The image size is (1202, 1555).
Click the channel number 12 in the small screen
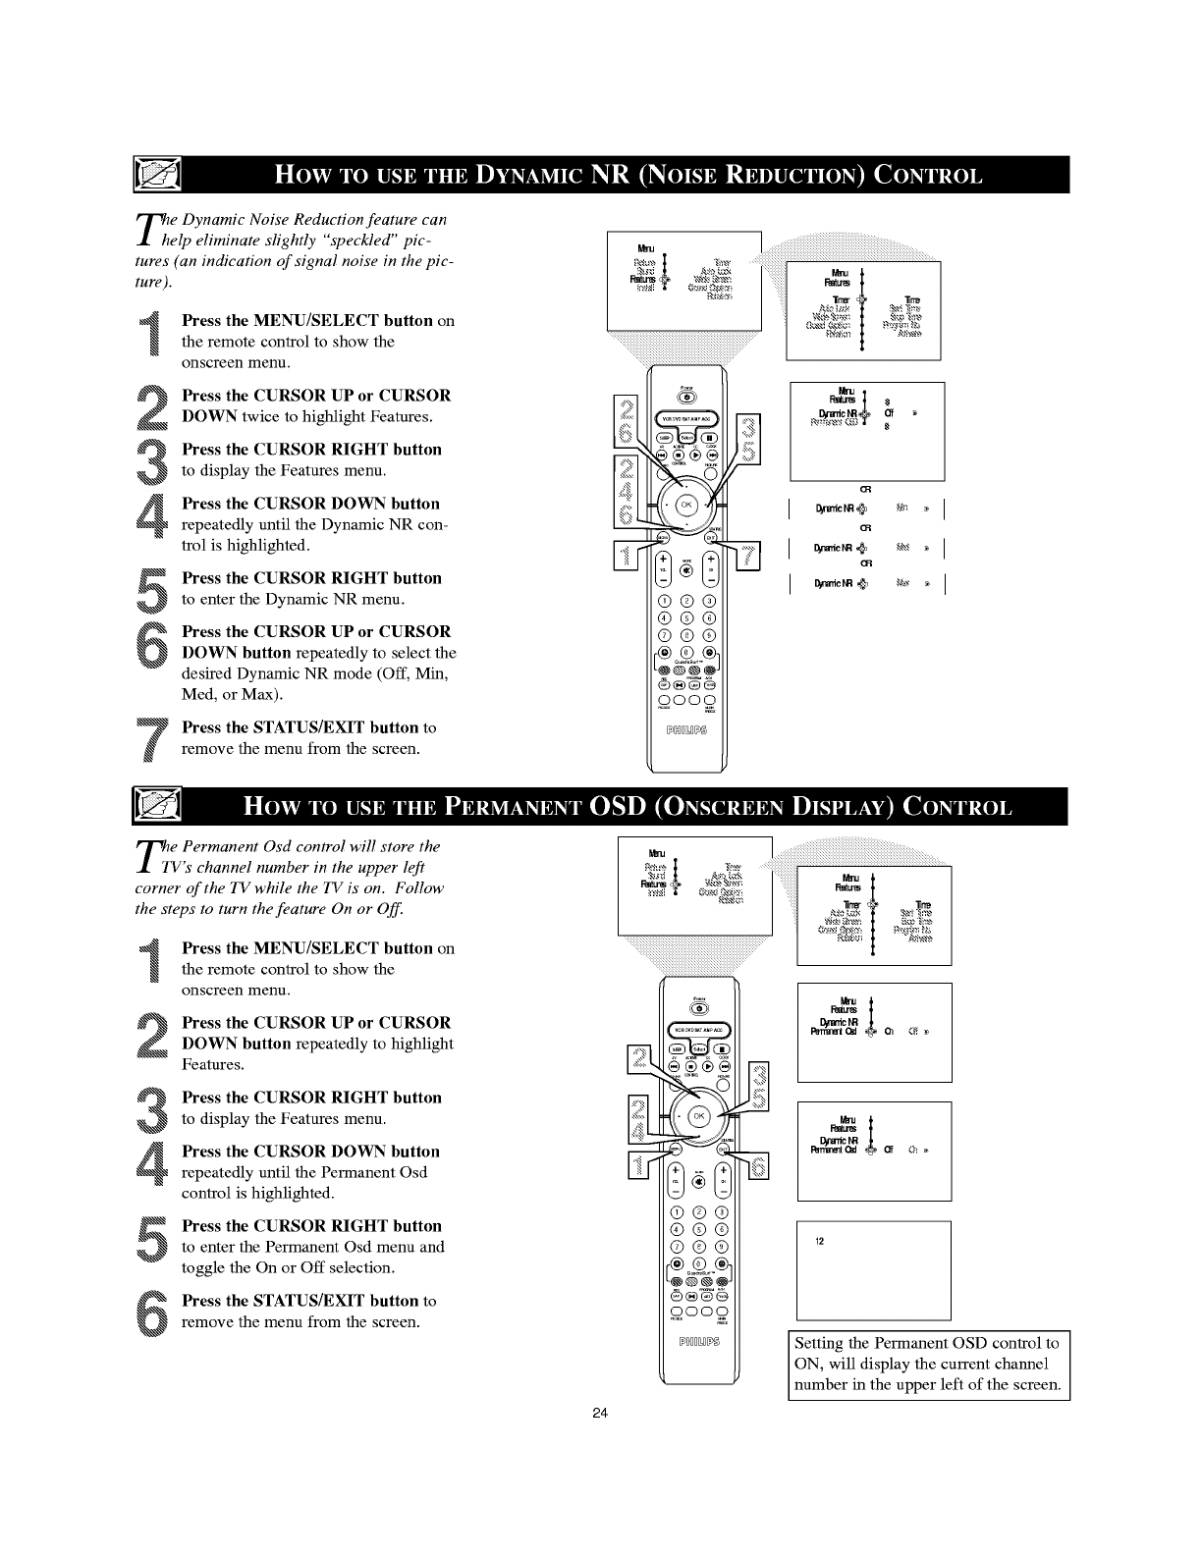[x=819, y=1242]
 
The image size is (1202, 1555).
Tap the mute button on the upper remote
[x=686, y=569]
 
